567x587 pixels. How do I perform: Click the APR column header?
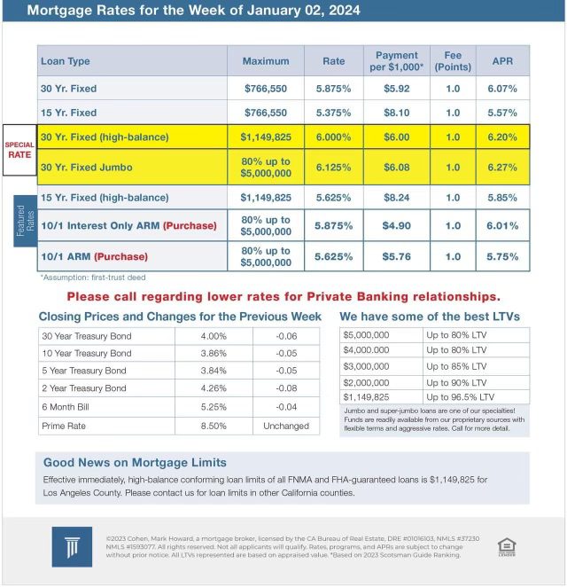tap(502, 61)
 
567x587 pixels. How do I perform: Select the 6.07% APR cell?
tap(502, 89)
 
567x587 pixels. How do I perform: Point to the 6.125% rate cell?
tap(333, 167)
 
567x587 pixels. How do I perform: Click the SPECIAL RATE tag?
tap(19, 149)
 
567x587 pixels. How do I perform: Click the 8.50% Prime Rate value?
tap(214, 426)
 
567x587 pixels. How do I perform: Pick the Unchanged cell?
tap(286, 426)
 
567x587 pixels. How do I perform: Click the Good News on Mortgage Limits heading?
tap(135, 462)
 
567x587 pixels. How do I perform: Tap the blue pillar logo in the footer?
tap(66, 545)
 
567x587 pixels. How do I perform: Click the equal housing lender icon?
tap(507, 545)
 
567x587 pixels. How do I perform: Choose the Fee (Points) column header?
tap(453, 61)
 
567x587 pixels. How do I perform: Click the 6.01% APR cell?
tap(502, 225)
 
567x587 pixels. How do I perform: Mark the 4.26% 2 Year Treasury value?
tap(214, 388)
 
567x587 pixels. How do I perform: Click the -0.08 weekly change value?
tap(286, 388)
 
